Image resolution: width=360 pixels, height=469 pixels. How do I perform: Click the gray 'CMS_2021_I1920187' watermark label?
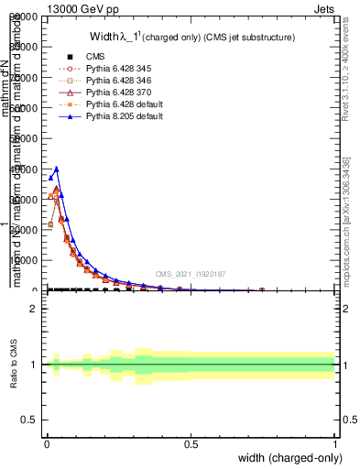pos(191,274)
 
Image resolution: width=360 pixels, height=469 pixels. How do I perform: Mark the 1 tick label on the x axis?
pos(335,443)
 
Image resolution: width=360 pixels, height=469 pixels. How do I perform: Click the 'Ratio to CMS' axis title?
pos(15,365)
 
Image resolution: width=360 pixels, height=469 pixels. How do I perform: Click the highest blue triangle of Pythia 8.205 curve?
pos(56,169)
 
